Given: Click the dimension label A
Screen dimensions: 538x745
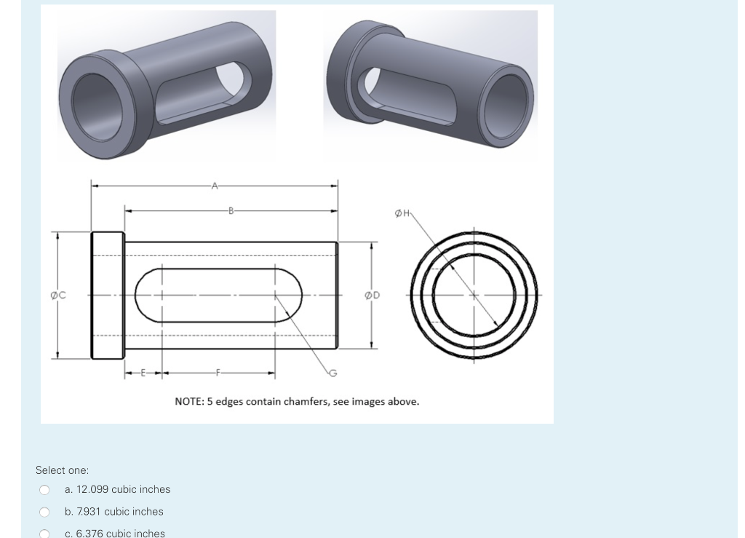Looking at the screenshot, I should [214, 186].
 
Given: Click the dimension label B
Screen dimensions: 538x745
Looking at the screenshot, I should [231, 211].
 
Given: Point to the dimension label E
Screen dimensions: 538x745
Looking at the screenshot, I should [143, 373].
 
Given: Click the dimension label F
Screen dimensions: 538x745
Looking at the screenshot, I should [218, 373].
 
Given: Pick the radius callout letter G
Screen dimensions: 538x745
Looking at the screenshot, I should [333, 373].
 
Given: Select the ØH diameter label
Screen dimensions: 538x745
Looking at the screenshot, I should [402, 213].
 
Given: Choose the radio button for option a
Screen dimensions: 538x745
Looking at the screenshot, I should [44, 490].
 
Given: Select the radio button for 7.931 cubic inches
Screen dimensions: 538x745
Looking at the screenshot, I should [44, 512].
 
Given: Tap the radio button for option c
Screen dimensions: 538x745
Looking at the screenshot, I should [44, 534].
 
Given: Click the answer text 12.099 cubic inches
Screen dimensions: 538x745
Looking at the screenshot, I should [117, 490].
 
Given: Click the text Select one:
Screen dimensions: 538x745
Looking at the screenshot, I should [62, 470].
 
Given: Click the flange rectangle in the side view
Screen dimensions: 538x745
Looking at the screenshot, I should [107, 295].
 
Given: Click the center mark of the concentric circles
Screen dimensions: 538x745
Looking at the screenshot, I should [474, 295].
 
